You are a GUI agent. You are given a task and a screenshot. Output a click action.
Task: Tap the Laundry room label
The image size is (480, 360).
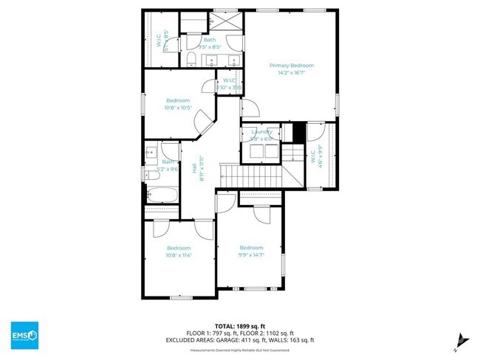tap(262, 131)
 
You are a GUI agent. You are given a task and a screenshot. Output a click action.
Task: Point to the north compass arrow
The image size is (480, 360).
tap(462, 339)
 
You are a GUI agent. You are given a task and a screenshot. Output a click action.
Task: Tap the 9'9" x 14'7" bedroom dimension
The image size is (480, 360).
tap(251, 255)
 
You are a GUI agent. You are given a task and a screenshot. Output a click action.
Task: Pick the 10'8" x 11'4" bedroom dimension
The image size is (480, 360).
tap(179, 255)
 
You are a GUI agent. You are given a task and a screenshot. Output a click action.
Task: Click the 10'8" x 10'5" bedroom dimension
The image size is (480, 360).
tap(178, 108)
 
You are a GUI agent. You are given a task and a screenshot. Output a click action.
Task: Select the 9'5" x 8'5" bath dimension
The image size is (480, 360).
tap(210, 46)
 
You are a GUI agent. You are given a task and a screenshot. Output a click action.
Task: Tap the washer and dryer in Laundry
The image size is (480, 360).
tap(261, 150)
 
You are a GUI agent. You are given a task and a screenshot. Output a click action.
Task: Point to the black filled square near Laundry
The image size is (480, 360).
tap(298, 134)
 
